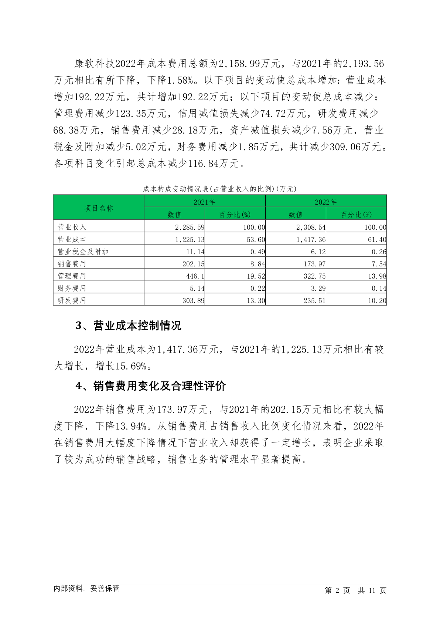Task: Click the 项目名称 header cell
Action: pyautogui.click(x=99, y=208)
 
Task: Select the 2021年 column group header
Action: pyautogui.click(x=204, y=202)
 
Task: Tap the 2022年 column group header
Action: pyautogui.click(x=325, y=202)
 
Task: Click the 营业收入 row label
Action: pyautogui.click(x=72, y=227)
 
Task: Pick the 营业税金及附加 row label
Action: pyautogui.click(x=83, y=252)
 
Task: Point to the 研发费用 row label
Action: pyautogui.click(x=72, y=300)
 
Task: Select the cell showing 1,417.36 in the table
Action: pyautogui.click(x=311, y=239)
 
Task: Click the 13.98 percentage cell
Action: pyautogui.click(x=377, y=276)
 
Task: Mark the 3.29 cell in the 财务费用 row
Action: pyautogui.click(x=318, y=288)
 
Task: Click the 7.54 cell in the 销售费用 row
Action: pyautogui.click(x=379, y=264)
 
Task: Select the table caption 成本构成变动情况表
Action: pyautogui.click(x=219, y=189)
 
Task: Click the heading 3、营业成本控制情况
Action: pyautogui.click(x=128, y=326)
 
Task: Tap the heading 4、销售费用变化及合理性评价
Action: pyautogui.click(x=150, y=386)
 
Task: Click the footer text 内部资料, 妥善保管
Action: pyautogui.click(x=86, y=588)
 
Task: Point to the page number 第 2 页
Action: pyautogui.click(x=337, y=590)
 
